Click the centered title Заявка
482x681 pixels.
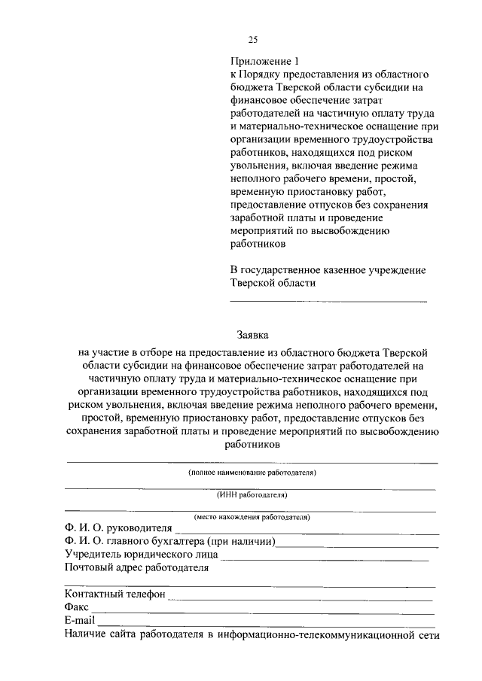[252, 336]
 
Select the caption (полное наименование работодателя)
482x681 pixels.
[252, 473]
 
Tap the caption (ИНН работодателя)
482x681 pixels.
[252, 495]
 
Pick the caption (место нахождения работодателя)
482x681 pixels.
[252, 517]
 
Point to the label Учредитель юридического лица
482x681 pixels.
[142, 555]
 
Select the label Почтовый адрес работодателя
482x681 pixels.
[136, 567]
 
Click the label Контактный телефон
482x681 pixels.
[114, 594]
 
